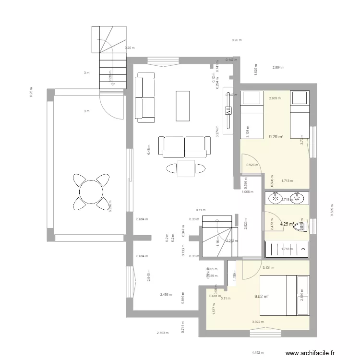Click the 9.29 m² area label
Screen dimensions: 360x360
[276, 137]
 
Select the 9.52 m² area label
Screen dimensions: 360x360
[262, 297]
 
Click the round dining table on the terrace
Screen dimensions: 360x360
[90, 192]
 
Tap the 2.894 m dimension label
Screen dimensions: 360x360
[278, 68]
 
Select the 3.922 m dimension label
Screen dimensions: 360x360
[258, 322]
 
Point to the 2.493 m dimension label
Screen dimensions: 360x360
[167, 295]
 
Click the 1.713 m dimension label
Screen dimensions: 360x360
[287, 181]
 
